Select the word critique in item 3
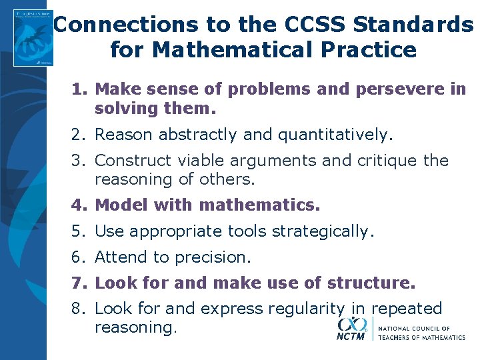click(386, 161)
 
